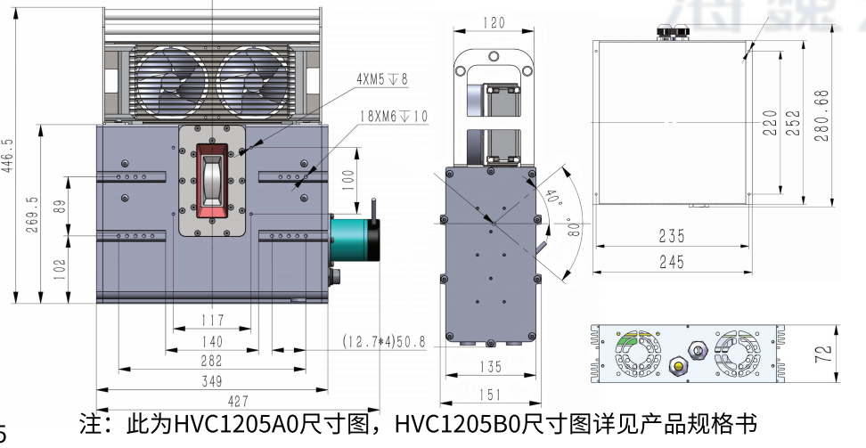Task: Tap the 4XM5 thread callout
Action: click(381, 79)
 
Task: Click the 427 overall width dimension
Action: click(212, 401)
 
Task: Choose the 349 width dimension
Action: click(212, 381)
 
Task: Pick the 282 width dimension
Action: click(212, 361)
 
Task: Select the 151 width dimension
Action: click(491, 395)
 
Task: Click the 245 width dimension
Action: click(672, 261)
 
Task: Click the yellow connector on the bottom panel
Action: click(682, 366)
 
